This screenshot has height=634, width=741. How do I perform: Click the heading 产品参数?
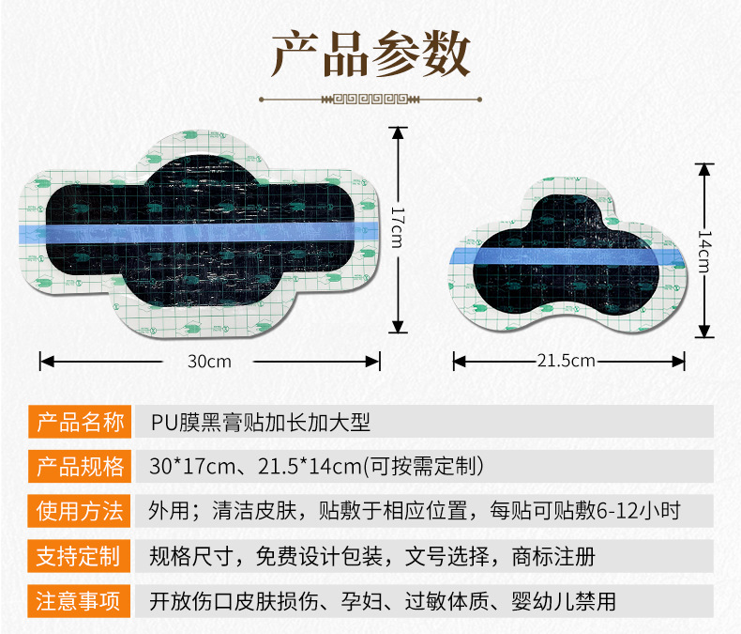pyautogui.click(x=370, y=54)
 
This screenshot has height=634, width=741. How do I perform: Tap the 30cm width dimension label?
pyautogui.click(x=208, y=361)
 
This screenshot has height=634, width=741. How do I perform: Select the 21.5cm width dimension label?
pyautogui.click(x=567, y=361)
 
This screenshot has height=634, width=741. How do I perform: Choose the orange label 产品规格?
pyautogui.click(x=80, y=467)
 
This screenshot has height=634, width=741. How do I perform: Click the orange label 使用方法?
pyautogui.click(x=80, y=512)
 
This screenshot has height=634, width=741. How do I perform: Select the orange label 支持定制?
pyautogui.click(x=80, y=557)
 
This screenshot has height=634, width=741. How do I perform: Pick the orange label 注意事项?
pyautogui.click(x=80, y=601)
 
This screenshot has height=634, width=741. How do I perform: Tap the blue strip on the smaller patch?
pyautogui.click(x=567, y=251)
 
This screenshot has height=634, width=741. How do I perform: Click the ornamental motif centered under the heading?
pyautogui.click(x=370, y=97)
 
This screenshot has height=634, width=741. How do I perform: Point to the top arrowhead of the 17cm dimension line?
pyautogui.click(x=399, y=132)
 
